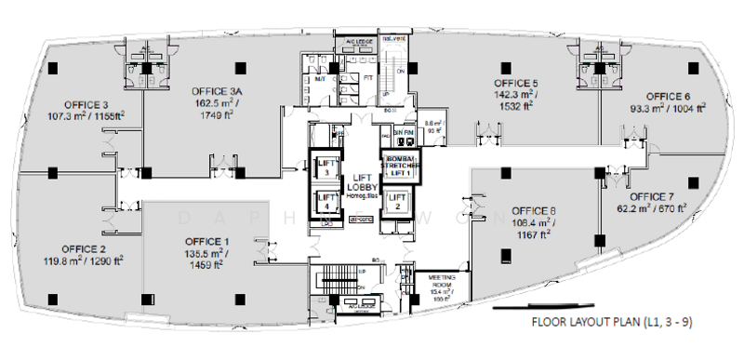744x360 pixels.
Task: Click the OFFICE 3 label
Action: (86, 104)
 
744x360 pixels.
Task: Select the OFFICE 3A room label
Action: (217, 91)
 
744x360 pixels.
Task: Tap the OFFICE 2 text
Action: (85, 249)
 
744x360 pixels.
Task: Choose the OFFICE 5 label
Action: (516, 82)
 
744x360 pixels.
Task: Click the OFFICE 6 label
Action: (668, 96)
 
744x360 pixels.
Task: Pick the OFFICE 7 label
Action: (652, 197)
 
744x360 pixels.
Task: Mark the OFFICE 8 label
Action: (534, 209)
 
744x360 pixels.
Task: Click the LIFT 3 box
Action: (326, 167)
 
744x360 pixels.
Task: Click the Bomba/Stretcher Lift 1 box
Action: (396, 167)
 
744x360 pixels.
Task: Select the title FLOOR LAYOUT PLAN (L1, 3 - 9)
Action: (611, 324)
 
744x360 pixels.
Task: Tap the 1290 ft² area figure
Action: (105, 261)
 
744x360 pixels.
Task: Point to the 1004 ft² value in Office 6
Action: (692, 108)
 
